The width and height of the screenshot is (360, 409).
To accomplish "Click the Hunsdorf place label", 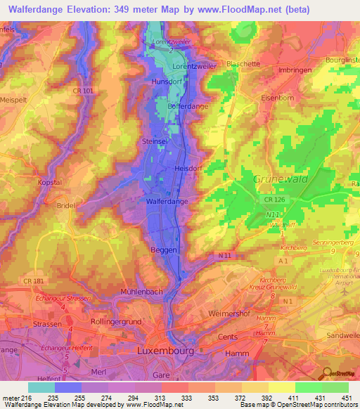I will tap(166, 82).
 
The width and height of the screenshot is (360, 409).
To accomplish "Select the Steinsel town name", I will tap(155, 141).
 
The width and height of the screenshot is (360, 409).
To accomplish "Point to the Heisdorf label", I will tap(188, 169).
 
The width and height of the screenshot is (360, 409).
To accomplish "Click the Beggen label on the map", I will tap(162, 249).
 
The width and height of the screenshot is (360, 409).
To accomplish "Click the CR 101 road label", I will tap(83, 91).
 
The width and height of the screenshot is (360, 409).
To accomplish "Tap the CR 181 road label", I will tap(34, 282).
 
